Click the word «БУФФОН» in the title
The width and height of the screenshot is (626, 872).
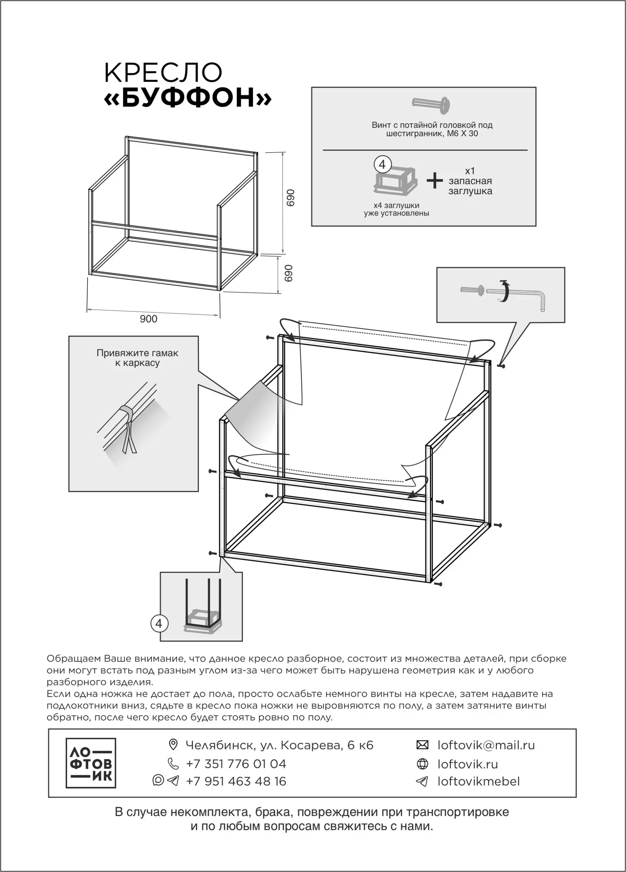188,98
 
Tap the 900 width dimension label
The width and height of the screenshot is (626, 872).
149,319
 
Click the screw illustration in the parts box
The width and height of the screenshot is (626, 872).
431,104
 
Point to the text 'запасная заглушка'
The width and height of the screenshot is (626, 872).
470,186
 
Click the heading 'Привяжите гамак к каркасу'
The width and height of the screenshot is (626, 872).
137,358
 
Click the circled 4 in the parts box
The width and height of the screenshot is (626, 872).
382,165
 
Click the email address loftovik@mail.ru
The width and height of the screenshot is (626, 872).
486,745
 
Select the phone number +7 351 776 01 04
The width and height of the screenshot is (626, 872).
236,764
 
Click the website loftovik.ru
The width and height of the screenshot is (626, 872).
468,764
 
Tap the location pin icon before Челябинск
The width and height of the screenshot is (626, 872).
173,745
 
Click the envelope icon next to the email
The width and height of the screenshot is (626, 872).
422,745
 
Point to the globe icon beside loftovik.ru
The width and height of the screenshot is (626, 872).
422,764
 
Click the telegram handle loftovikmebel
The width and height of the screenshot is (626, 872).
479,781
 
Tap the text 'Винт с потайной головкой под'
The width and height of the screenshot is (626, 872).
432,125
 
